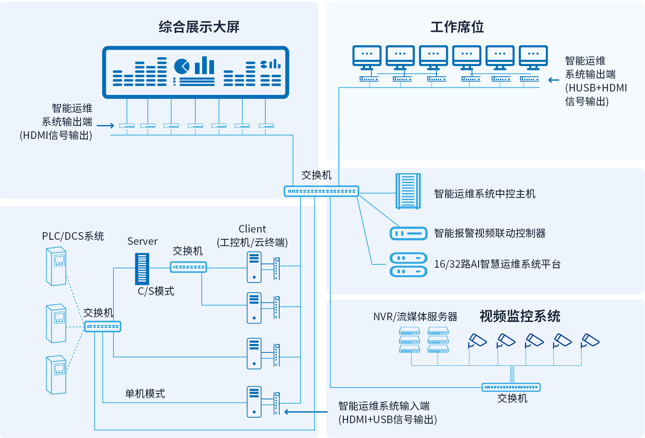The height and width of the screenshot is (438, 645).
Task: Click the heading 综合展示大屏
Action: (199, 27)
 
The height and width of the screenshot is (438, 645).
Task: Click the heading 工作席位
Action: (457, 27)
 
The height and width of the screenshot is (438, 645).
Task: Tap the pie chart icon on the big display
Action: (182, 66)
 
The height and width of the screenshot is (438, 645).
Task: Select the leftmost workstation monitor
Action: (367, 57)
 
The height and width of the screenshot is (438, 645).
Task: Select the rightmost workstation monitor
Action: (533, 57)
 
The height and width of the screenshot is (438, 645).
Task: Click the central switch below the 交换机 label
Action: (321, 191)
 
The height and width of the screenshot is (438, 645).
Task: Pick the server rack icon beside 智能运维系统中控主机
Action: (408, 191)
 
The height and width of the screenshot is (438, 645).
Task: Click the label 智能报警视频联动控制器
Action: (489, 233)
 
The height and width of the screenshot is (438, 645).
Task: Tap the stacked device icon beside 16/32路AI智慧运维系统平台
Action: (408, 264)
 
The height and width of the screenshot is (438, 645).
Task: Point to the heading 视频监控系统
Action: (520, 316)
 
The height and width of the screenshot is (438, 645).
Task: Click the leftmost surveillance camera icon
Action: (478, 341)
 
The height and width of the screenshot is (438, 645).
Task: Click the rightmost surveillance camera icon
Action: (590, 341)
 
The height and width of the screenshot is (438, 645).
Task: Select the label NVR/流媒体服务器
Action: (415, 317)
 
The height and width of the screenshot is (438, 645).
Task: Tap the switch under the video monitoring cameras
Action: (511, 387)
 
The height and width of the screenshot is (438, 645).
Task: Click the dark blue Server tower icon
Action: (142, 269)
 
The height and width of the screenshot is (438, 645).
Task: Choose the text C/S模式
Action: (156, 291)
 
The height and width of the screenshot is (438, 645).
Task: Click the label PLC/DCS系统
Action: (73, 236)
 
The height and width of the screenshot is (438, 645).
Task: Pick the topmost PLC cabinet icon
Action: (56, 266)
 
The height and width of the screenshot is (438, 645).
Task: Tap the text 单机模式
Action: (145, 394)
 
